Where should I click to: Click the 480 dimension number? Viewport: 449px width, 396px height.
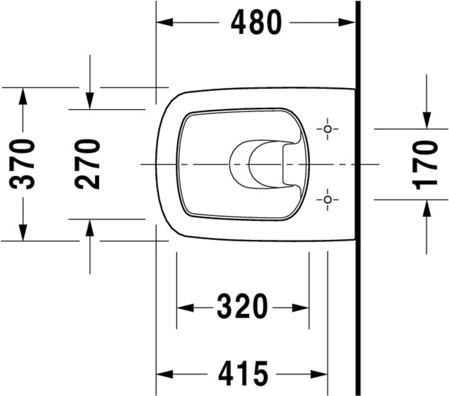pos(256,22)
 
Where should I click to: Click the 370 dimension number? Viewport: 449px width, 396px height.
pos(22,164)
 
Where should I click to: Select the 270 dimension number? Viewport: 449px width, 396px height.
pos(87,164)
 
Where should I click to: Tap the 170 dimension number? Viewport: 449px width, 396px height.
pos(425,165)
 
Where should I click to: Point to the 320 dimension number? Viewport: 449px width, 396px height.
pos(242,306)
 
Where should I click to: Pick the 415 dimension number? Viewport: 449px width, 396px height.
pos(243,374)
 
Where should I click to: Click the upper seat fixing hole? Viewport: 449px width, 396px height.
pos(327,129)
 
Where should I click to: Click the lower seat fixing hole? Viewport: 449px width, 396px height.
pos(327,200)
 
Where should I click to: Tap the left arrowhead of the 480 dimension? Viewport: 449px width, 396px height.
pos(165,22)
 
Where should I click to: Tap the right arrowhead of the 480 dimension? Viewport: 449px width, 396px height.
pos(347,22)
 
